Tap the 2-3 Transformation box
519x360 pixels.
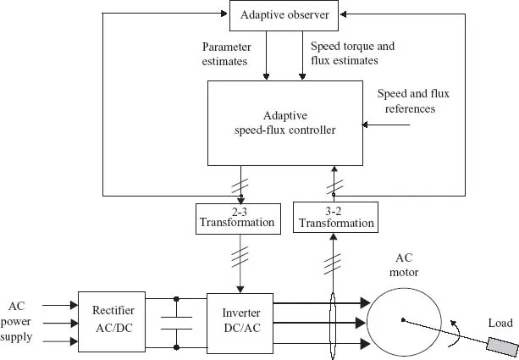(x=236, y=218)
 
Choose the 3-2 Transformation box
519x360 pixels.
(x=334, y=218)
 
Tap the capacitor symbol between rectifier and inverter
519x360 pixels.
(x=176, y=323)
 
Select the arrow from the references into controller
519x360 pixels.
(x=386, y=127)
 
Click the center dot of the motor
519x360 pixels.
(x=403, y=320)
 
